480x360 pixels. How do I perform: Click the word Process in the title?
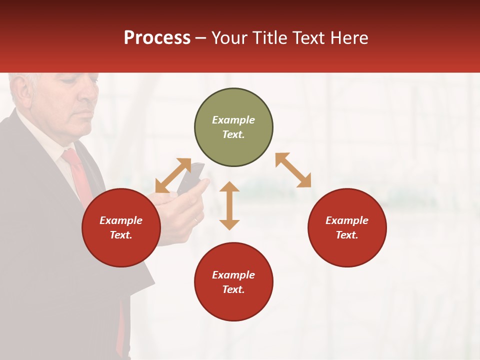coord(157,38)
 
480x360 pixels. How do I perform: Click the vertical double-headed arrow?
coord(229,205)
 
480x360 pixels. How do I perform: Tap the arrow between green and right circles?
coord(293,170)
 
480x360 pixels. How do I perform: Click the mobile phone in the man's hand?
coord(192,177)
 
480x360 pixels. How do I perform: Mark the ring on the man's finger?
coord(195,220)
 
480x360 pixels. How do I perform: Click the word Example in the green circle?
coord(233,120)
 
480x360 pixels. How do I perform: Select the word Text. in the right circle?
coord(347,235)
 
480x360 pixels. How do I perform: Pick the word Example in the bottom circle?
coord(233,275)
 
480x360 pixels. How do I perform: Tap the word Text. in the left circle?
coord(121,235)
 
